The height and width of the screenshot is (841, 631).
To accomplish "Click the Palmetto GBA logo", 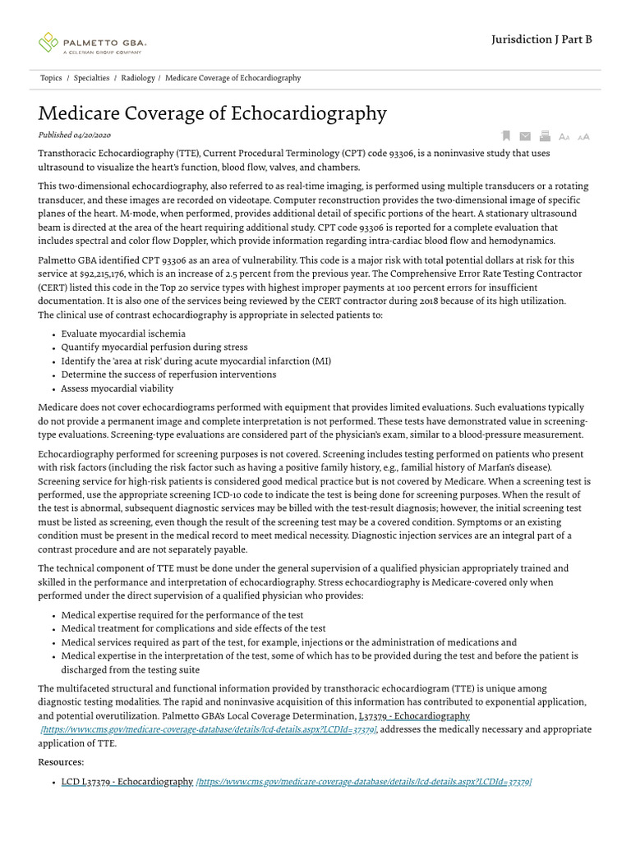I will tap(91, 42).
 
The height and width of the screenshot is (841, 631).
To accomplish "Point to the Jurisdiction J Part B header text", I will tap(541, 39).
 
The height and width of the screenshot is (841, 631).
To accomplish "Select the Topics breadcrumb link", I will tap(51, 78).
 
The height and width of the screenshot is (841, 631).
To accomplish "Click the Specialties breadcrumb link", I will tap(91, 78).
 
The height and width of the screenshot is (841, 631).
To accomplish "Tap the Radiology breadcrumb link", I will tap(137, 78).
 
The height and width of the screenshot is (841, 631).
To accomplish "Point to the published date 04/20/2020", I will tap(92, 135).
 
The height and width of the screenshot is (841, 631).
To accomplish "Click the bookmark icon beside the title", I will tap(506, 136).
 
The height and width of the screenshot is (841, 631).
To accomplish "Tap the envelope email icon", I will tap(524, 136).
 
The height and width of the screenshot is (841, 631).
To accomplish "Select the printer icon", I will tap(544, 136).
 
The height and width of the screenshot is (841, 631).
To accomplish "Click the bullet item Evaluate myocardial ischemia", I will tap(123, 333).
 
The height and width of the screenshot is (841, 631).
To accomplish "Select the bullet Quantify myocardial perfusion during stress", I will tap(154, 347).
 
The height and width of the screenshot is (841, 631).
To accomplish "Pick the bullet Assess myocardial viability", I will tap(117, 388).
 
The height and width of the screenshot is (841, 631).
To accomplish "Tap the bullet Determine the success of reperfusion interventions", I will tap(168, 375).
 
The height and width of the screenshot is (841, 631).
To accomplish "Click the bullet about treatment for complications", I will tap(193, 628).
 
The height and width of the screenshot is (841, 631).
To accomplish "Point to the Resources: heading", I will tap(61, 762).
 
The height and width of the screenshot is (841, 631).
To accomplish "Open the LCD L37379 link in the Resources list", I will tap(127, 782).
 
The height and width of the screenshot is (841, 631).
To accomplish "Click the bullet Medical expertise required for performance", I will tap(182, 615).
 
